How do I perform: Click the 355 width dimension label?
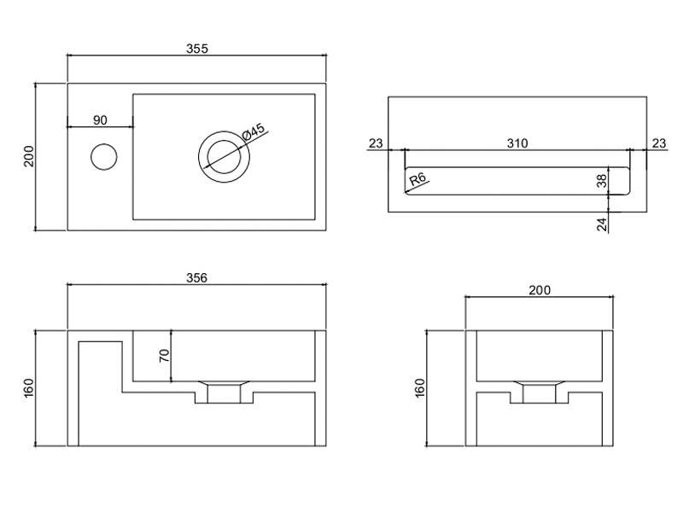tap(197, 49)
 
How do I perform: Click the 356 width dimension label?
tap(197, 277)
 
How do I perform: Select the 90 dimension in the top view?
tap(100, 119)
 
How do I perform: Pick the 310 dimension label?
tap(517, 143)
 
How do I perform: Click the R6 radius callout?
tap(418, 178)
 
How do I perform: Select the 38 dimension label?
tap(601, 180)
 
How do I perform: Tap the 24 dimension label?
tap(601, 224)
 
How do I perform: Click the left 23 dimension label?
tap(376, 143)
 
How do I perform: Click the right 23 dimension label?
tap(658, 143)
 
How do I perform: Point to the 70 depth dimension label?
tap(165, 354)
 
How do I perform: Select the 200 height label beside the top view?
tap(28, 157)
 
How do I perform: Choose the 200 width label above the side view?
tap(540, 290)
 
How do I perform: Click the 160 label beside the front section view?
tap(28, 387)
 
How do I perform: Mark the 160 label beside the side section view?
tap(418, 387)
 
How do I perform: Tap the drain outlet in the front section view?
tap(225, 393)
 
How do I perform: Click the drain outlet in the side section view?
tap(540, 393)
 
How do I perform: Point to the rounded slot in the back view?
tap(517, 180)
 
